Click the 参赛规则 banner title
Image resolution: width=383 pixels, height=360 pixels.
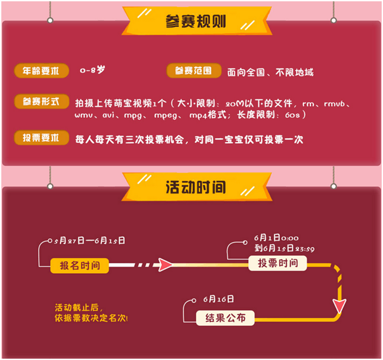(196, 21)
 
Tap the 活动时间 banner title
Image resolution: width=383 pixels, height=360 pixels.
(196, 188)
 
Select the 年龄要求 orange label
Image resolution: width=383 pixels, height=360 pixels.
(41, 70)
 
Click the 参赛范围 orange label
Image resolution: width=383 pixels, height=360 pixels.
(193, 70)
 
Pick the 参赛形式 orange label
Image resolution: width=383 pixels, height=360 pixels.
(41, 101)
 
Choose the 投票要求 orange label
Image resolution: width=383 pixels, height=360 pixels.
(41, 138)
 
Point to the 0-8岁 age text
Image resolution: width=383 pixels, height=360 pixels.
(93, 70)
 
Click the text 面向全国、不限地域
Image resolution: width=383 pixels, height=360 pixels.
(270, 72)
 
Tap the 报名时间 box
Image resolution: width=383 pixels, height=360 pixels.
(80, 265)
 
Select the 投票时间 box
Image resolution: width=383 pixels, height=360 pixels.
(278, 263)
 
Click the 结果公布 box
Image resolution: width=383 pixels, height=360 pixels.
(225, 318)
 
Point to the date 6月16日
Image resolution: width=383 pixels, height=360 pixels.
(218, 299)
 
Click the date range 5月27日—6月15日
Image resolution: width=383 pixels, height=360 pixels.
(89, 241)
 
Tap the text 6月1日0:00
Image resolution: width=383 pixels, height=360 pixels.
(276, 238)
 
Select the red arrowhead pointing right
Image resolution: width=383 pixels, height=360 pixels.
(165, 265)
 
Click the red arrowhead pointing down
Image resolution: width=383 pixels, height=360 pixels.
(340, 306)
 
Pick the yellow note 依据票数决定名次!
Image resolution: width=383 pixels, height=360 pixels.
(91, 318)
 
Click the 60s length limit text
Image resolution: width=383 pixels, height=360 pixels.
(292, 115)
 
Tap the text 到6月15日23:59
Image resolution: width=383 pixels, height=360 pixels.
(284, 248)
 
